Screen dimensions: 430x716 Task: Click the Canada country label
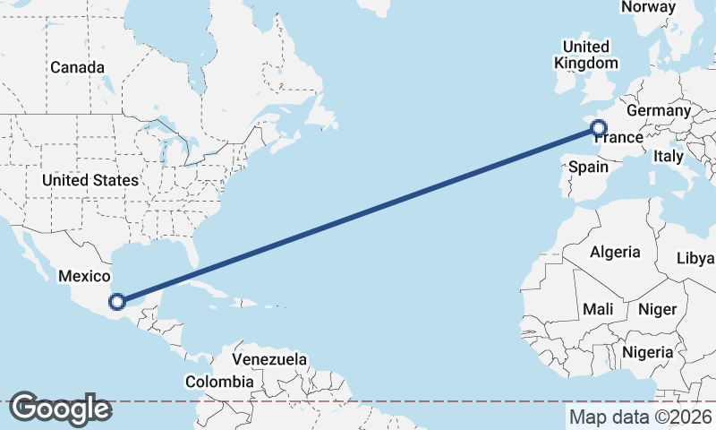(77, 67)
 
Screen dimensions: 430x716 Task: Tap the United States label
(90, 180)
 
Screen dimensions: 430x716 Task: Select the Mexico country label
(83, 277)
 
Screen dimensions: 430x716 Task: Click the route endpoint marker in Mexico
(116, 302)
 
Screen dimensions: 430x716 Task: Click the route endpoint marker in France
(600, 128)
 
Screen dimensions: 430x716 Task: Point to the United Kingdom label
(586, 55)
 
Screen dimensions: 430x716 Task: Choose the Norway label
(648, 7)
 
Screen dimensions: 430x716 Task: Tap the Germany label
(659, 110)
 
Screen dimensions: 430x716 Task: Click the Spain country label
(589, 167)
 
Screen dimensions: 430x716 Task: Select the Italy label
(669, 156)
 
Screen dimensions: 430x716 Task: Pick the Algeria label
(615, 252)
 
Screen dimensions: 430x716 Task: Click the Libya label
(696, 258)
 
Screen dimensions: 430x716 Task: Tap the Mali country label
(598, 309)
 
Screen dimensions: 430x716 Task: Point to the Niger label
(656, 309)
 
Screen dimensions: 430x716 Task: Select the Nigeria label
(647, 352)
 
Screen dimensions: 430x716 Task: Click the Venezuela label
(269, 359)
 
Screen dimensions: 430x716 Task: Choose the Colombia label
(219, 382)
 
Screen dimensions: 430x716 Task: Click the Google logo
(60, 408)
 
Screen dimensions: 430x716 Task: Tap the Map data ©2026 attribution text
(641, 417)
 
